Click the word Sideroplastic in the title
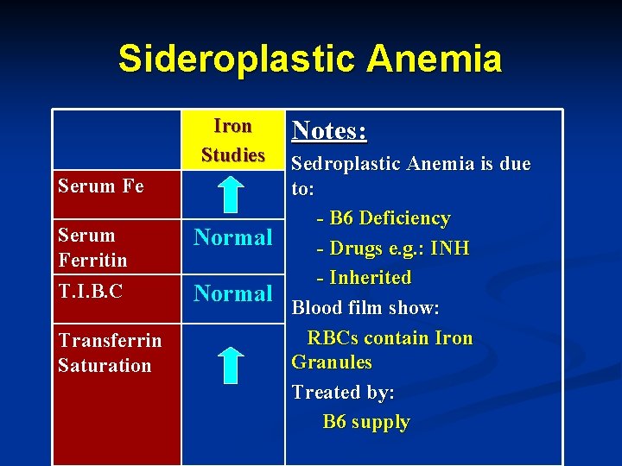point(236,59)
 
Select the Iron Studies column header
point(232,141)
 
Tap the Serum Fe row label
point(100,186)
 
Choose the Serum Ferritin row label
point(92,247)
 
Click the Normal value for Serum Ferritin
point(232,237)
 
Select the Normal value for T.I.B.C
point(232,293)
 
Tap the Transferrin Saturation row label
point(110,352)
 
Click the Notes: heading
point(329,130)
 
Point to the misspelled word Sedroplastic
point(347,164)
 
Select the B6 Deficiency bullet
point(384,218)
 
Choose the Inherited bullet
point(365,278)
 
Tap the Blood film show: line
point(365,307)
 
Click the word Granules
point(332,362)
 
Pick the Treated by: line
point(343,392)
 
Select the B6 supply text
point(366,422)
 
